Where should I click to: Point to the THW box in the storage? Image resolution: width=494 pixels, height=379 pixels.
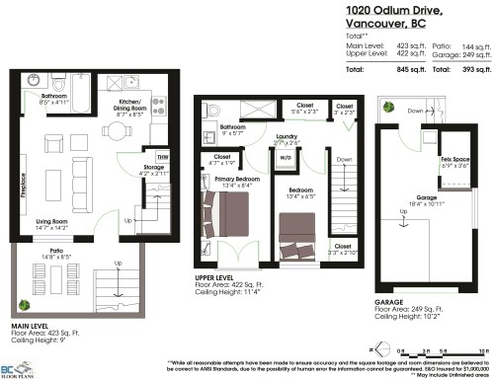161,153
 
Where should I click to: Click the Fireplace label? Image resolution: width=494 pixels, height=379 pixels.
20,187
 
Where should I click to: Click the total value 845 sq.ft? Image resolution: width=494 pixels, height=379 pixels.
402,71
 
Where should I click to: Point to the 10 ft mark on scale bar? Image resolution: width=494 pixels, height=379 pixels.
481,349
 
